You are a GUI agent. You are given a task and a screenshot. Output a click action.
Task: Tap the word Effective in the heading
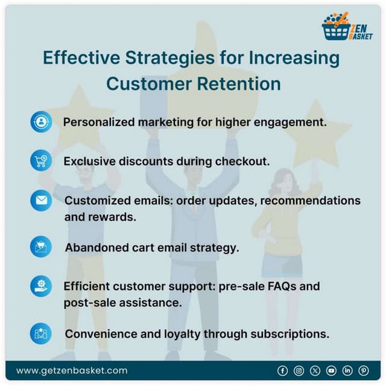point(80,59)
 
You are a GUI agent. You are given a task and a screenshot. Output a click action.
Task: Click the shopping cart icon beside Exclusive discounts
point(41,161)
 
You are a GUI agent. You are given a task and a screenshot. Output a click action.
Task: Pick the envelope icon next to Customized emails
point(41,200)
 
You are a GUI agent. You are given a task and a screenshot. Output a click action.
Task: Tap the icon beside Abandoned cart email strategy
point(41,247)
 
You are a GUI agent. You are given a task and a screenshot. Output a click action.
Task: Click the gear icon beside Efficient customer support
point(41,286)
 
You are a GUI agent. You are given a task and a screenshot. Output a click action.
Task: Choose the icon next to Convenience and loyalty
point(41,334)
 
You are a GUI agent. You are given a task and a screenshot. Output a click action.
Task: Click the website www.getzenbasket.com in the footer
point(72,370)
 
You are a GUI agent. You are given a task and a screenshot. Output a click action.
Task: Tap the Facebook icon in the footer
point(282,370)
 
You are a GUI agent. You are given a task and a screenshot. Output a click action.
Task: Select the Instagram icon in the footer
point(299,370)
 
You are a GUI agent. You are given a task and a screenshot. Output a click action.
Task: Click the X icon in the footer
point(315,370)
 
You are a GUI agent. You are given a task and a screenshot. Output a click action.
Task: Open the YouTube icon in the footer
point(331,370)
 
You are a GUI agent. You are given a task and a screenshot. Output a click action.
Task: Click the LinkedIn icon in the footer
point(347,370)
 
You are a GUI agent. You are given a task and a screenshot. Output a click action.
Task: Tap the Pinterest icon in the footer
point(364,370)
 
